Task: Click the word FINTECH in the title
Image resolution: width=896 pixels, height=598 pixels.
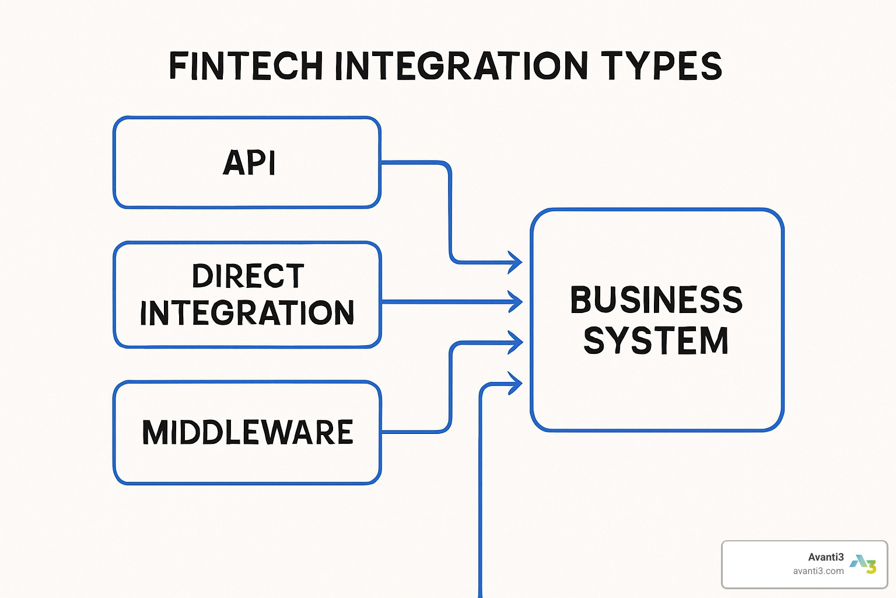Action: point(246,65)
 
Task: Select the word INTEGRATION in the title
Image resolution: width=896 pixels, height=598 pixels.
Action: point(461,65)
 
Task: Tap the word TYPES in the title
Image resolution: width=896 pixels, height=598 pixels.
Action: point(661,65)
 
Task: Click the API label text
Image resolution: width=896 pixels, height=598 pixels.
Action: point(249,162)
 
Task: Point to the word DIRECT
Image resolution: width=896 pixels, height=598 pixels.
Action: point(248,276)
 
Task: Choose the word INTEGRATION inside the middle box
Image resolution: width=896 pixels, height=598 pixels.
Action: point(247,313)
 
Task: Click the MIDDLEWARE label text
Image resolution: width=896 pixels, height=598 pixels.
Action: point(248,433)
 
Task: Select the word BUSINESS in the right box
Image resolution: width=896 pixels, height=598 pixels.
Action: point(656,300)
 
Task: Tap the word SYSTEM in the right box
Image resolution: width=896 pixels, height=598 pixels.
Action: point(656,340)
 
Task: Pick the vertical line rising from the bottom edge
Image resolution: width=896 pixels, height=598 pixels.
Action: point(481,496)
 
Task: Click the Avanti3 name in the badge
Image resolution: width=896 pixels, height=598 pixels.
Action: point(825,557)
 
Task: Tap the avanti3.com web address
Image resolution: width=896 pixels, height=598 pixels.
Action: point(818,571)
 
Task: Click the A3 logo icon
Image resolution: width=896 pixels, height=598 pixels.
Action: point(863,564)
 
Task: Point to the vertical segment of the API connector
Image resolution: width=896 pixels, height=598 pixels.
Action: point(450,213)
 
